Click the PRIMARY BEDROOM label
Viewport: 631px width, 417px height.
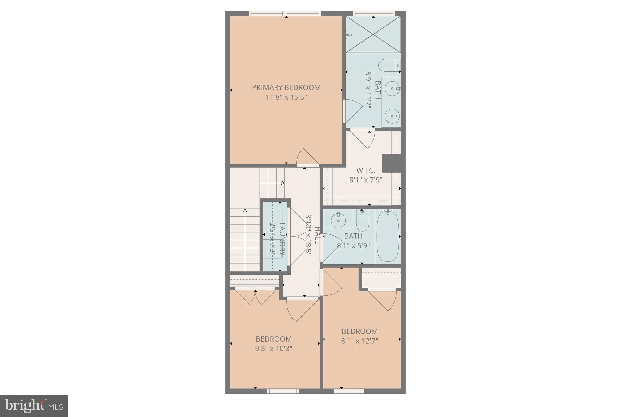coord(286,87)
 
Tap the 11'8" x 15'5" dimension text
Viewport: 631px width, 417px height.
coord(286,98)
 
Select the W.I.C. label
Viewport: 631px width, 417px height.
coord(366,170)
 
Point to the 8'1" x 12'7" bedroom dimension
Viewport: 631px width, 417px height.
coord(360,341)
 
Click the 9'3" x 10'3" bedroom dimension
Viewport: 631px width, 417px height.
coord(274,349)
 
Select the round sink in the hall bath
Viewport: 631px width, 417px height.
coord(338,220)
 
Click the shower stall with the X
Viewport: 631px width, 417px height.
coord(373,34)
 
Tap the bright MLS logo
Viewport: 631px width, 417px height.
coord(34,406)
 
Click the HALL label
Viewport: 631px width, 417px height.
coord(317,235)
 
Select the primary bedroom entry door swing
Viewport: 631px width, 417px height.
coord(307,157)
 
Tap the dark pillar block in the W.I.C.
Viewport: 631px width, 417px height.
coord(392,163)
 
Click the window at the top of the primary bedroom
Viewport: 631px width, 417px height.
coord(285,14)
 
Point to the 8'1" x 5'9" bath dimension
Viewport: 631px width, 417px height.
coord(353,246)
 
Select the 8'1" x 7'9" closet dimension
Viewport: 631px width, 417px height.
coord(366,180)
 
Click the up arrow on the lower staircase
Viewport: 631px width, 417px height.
coord(245,211)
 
